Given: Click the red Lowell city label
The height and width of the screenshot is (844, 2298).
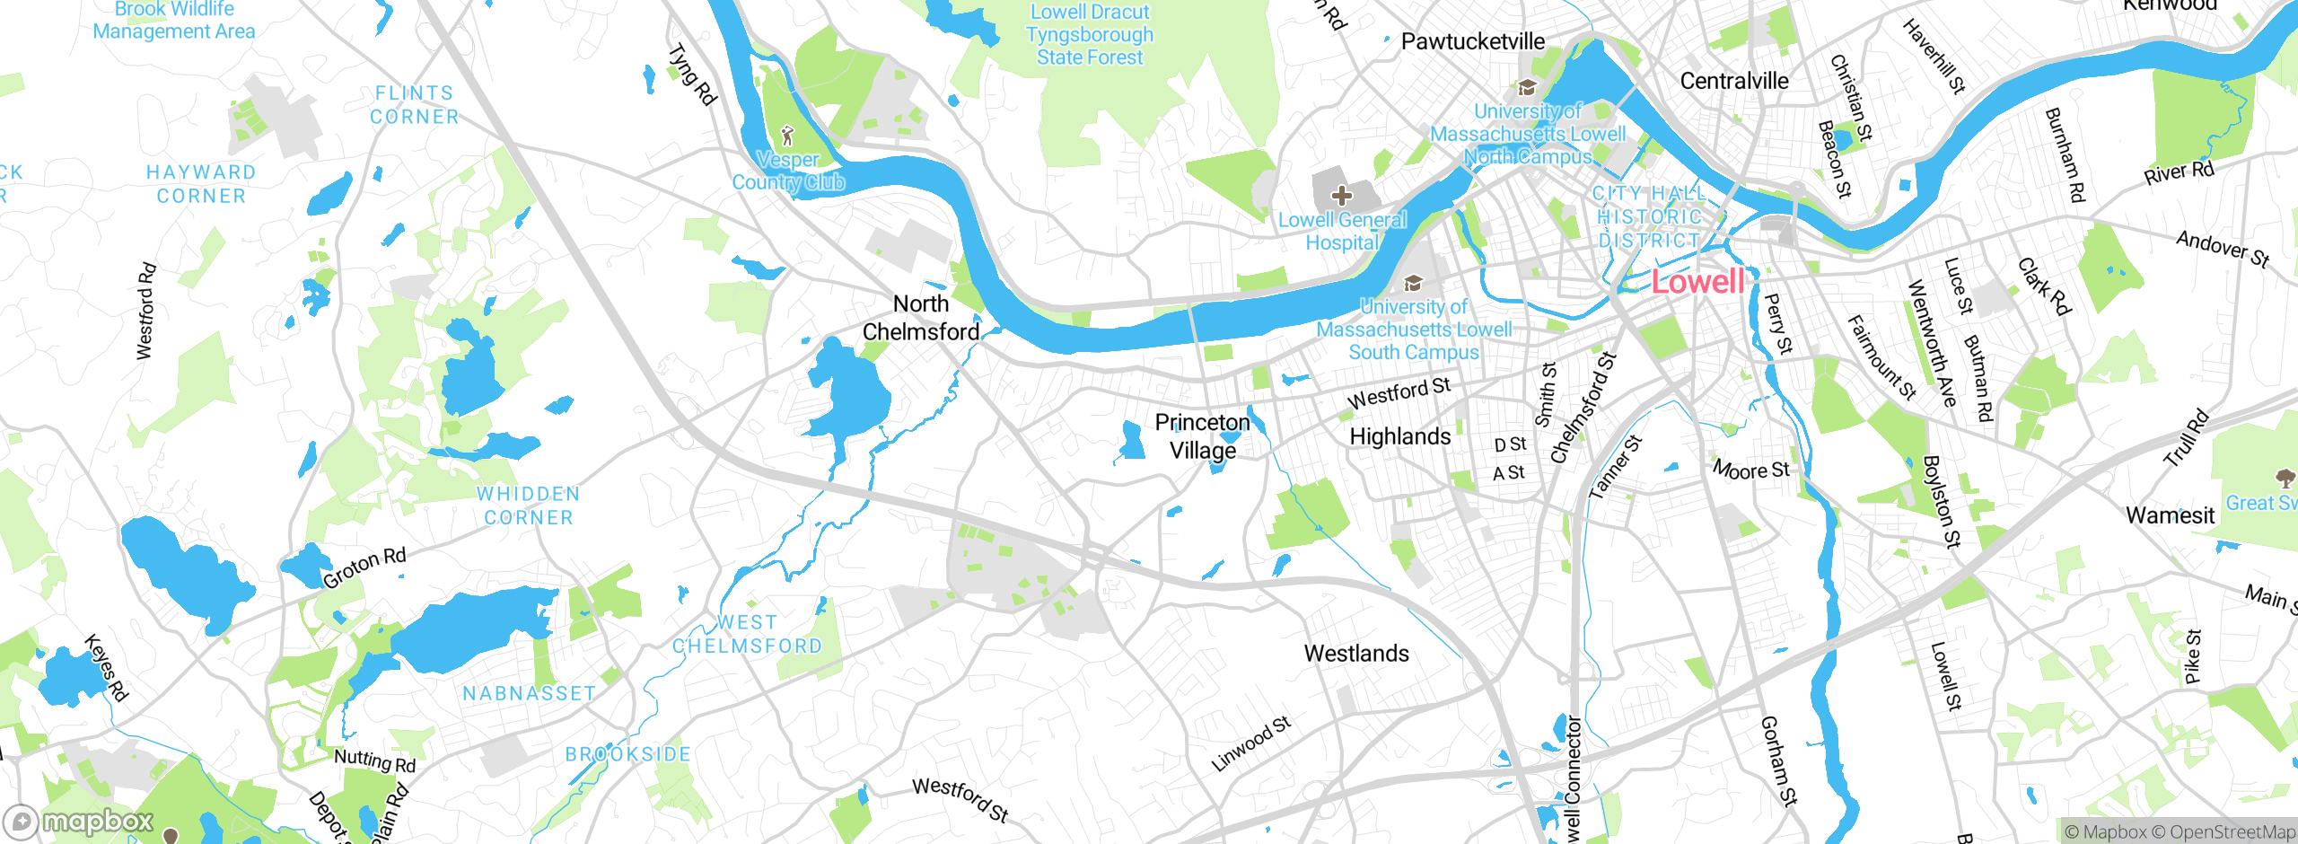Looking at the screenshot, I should (1697, 282).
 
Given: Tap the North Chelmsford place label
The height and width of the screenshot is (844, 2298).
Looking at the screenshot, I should (921, 318).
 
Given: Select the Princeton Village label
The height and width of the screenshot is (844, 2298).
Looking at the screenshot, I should (1202, 436).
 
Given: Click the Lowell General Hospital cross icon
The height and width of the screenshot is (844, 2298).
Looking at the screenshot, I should (1341, 195).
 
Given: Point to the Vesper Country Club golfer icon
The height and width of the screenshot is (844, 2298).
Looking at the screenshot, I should (787, 136).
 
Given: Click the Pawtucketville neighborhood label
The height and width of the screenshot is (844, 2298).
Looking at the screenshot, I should (1473, 41).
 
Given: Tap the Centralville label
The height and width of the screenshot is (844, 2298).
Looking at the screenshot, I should (1733, 81).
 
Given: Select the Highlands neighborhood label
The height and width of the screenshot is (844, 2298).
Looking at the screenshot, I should (1400, 436).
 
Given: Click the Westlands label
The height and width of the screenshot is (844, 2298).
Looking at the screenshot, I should (1356, 654).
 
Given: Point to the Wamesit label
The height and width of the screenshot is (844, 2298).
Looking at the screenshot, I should (2170, 515).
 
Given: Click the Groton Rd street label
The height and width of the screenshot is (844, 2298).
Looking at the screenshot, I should (364, 567).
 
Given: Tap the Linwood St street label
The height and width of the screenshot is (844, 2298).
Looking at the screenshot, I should (1250, 743).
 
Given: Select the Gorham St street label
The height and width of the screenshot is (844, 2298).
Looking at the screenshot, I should (1778, 760).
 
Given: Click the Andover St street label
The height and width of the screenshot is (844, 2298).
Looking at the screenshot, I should (2223, 249).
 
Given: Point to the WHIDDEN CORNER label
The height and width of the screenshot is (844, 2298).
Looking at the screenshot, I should (528, 506).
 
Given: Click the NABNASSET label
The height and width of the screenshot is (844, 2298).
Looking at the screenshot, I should (529, 693).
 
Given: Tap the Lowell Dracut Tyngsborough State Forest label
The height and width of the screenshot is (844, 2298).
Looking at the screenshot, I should (1090, 35).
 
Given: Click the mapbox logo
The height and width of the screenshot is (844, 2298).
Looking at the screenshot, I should (79, 821).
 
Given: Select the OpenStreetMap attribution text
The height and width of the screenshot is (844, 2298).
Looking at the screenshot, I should (2232, 832).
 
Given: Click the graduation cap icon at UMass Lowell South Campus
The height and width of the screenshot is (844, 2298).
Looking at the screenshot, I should (1413, 284).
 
